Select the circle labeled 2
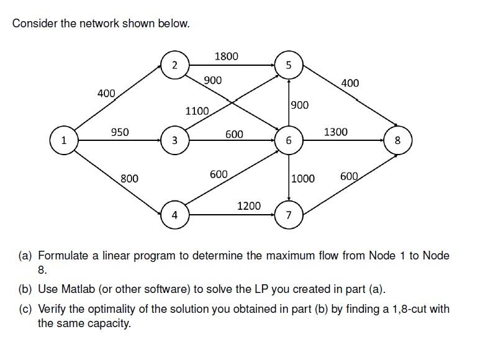tap(174, 65)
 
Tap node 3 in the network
tap(174, 140)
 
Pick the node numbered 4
tap(174, 215)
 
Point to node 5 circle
tap(288, 65)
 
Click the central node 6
tap(288, 140)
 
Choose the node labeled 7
tap(288, 215)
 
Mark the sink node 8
tap(398, 140)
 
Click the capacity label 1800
tap(226, 56)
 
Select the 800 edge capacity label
tap(129, 179)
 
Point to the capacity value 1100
tap(197, 111)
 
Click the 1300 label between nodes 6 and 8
tap(336, 132)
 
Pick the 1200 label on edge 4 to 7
tap(249, 205)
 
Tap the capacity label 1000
tap(303, 179)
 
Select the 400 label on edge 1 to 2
tap(106, 93)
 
